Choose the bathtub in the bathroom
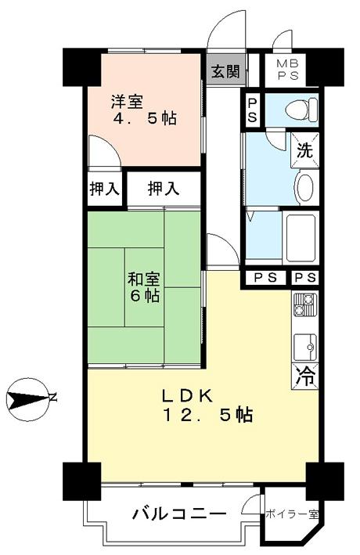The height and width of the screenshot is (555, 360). click(298, 240)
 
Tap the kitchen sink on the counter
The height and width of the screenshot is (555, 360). click(304, 344)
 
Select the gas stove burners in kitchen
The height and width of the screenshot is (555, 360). click(304, 305)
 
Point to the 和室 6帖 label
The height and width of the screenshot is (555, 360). click(145, 287)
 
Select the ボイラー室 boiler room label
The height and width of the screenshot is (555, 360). click(292, 514)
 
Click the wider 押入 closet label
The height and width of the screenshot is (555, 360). click(164, 189)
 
